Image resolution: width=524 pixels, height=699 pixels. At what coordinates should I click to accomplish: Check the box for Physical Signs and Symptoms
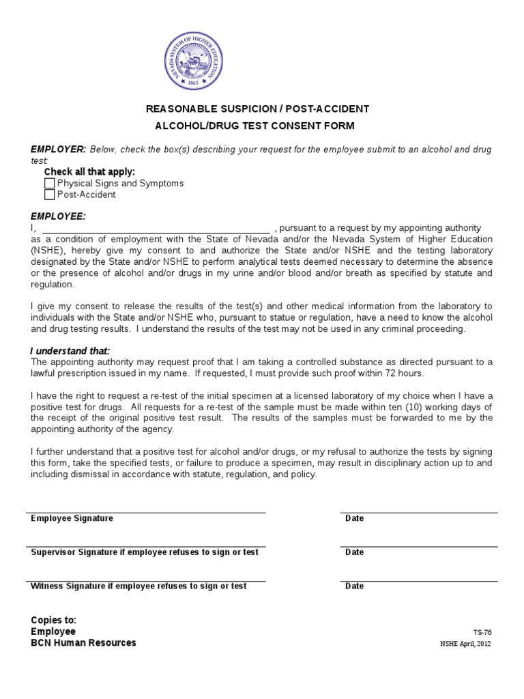(49, 184)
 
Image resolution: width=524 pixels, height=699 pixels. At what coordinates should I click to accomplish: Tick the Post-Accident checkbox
(49, 195)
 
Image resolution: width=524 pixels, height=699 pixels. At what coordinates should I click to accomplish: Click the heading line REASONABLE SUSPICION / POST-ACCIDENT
(257, 109)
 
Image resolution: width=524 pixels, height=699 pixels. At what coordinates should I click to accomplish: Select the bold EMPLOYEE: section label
(58, 216)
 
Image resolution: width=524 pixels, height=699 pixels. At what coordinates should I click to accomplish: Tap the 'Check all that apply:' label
(89, 172)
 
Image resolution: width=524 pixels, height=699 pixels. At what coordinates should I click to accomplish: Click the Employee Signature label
(72, 519)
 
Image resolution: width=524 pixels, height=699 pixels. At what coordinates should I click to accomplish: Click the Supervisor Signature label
(145, 552)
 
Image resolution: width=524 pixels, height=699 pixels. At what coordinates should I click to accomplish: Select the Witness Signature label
(139, 586)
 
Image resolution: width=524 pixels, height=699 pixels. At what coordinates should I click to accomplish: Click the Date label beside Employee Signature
(355, 519)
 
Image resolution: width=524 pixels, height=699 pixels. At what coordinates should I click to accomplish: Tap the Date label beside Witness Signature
(355, 586)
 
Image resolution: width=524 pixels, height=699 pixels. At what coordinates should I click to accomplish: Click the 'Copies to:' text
(53, 620)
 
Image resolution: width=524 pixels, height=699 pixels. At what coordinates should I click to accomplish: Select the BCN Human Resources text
(83, 642)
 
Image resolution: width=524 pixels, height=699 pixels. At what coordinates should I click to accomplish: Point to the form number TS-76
(482, 632)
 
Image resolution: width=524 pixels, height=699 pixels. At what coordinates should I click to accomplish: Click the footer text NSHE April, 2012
(465, 644)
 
